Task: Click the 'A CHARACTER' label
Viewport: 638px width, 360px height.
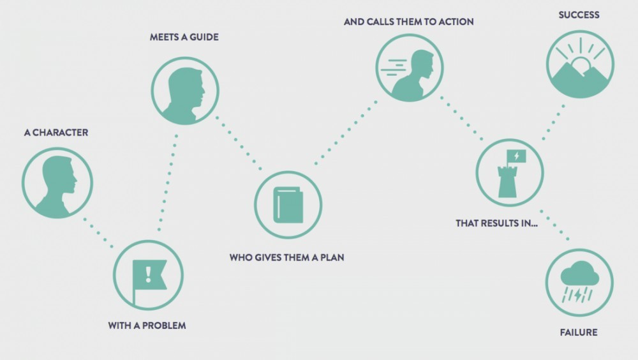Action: click(x=56, y=133)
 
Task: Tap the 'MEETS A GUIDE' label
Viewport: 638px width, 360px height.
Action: click(x=184, y=37)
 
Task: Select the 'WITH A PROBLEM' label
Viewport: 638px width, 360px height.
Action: click(x=147, y=326)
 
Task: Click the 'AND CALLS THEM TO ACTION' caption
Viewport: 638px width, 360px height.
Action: click(x=408, y=22)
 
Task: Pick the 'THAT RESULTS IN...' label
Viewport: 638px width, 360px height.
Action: click(x=496, y=223)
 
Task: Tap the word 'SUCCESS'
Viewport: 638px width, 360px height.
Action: click(x=579, y=15)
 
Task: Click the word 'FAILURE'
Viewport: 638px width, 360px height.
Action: click(x=578, y=333)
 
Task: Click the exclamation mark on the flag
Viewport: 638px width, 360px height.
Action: click(x=149, y=274)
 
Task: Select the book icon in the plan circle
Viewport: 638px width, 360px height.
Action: click(x=288, y=205)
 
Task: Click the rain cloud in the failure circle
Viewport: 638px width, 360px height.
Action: click(x=579, y=275)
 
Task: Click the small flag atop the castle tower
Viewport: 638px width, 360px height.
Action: click(x=516, y=156)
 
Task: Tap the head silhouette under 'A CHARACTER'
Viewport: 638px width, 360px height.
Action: click(x=57, y=184)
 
